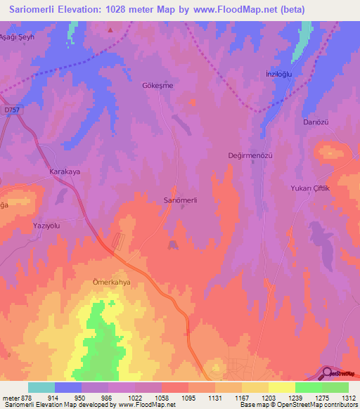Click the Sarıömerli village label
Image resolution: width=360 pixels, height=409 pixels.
(x=180, y=200)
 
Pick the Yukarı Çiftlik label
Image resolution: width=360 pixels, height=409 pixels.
(x=310, y=189)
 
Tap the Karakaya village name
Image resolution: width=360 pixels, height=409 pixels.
(x=66, y=171)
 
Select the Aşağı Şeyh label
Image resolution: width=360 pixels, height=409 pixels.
(x=17, y=36)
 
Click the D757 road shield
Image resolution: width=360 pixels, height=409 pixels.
(x=13, y=109)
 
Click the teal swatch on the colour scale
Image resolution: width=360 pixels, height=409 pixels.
(x=41, y=387)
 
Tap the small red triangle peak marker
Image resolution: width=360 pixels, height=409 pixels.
(x=110, y=30)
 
